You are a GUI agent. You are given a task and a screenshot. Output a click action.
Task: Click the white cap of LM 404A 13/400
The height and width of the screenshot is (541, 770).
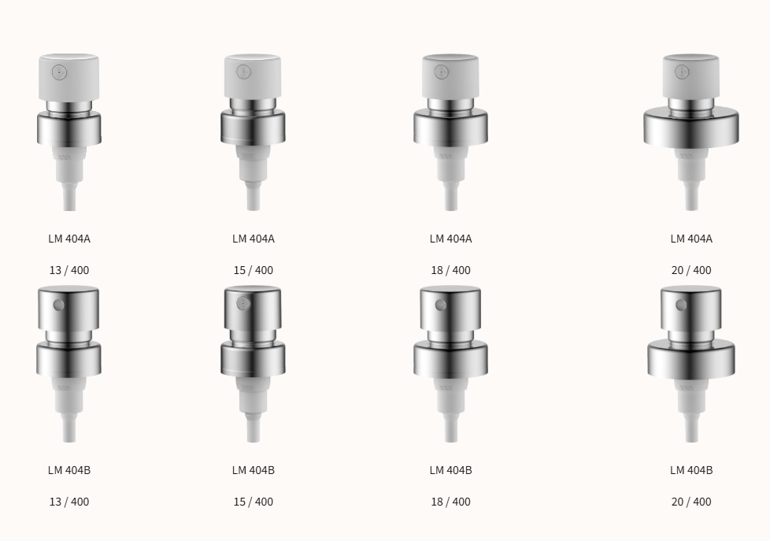click(x=68, y=77)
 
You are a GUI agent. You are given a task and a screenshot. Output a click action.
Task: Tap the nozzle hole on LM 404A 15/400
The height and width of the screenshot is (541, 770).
click(x=243, y=72)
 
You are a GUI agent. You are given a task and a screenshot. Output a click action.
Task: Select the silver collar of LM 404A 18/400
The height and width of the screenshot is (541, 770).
click(x=450, y=128)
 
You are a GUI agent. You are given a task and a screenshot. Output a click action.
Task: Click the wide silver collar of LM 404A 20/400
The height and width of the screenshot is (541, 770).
click(x=691, y=127)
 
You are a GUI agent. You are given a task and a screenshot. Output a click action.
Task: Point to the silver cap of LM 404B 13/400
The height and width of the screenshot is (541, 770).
click(x=68, y=308)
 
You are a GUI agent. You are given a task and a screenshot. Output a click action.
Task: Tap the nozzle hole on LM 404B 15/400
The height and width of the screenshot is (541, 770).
click(x=243, y=304)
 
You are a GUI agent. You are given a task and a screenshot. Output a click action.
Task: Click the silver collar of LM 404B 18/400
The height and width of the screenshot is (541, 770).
click(x=450, y=359)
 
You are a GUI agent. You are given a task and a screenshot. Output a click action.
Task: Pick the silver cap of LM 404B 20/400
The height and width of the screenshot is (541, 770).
click(x=691, y=308)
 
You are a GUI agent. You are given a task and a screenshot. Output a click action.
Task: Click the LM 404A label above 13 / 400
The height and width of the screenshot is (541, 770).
click(x=69, y=239)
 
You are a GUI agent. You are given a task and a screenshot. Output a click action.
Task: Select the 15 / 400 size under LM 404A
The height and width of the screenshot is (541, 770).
click(x=254, y=270)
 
